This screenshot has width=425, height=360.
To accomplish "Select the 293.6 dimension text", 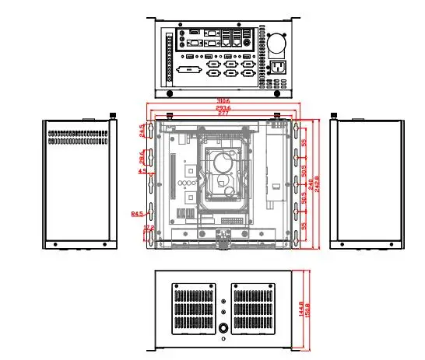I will click(x=223, y=107).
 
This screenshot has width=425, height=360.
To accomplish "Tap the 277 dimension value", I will click(x=223, y=114).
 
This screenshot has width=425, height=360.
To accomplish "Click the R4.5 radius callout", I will click(x=137, y=211).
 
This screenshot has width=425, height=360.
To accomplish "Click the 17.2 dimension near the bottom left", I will click(x=149, y=228).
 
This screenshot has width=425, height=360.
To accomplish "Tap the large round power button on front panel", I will click(x=223, y=329).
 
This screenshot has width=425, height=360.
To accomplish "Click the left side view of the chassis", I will click(x=79, y=183).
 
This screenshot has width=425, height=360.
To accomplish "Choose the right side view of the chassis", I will click(x=367, y=183).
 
